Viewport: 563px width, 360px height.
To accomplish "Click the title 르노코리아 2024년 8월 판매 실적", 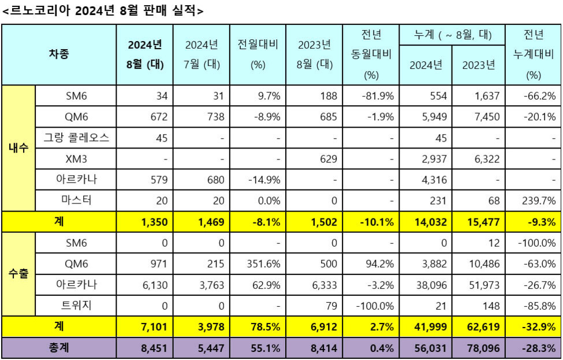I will point(103,10).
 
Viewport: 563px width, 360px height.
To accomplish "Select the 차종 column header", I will point(59,54).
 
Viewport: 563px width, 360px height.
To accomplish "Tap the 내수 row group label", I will point(18,148).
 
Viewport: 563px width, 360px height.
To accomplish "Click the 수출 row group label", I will point(18,274).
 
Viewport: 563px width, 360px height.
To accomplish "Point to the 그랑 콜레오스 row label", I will point(76,138).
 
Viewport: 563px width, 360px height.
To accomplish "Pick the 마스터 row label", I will point(76,201).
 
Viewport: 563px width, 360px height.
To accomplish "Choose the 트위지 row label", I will point(76,305).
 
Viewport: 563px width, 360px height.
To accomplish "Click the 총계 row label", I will point(59,348).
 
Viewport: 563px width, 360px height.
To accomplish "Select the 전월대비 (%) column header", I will point(258,54).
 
